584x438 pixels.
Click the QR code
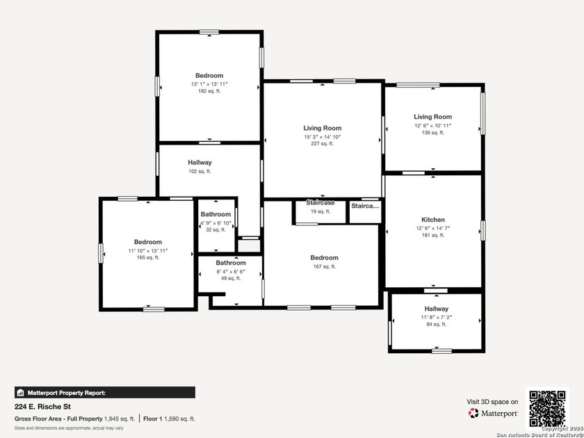pos(548,408)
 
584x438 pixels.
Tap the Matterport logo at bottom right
pos(494,413)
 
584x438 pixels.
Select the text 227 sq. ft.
pos(322,144)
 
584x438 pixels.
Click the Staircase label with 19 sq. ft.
pos(321,203)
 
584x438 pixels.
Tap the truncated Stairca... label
pos(366,206)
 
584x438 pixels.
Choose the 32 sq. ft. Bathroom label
pos(216,214)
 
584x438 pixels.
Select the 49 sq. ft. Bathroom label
pos(231,263)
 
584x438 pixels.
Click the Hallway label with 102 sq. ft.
pos(200,163)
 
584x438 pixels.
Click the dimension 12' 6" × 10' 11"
pos(433,125)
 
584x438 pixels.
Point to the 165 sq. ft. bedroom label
pos(148,243)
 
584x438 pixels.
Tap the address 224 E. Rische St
pos(43,407)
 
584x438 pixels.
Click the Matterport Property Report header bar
pos(105,392)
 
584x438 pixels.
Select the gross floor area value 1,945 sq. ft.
pos(120,419)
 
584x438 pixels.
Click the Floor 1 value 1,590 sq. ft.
pos(179,419)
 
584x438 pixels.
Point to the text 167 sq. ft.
pos(325,266)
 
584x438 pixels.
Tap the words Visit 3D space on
pos(492,402)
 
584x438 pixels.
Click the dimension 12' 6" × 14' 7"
pos(433,228)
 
